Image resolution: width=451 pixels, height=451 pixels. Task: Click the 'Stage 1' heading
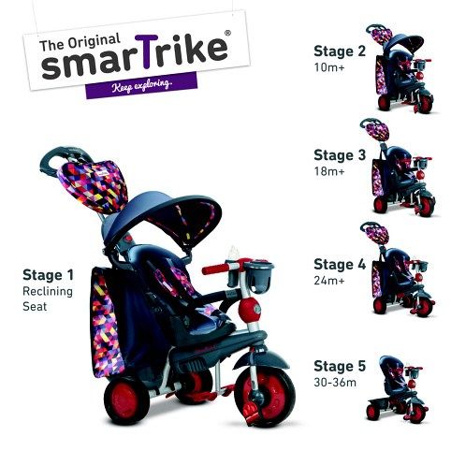pyautogui.click(x=48, y=275)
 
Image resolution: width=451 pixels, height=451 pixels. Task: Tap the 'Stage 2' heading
pyautogui.click(x=340, y=51)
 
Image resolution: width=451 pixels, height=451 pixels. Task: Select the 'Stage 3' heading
pyautogui.click(x=340, y=155)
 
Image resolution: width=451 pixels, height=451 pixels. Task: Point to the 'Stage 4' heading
pyautogui.click(x=340, y=264)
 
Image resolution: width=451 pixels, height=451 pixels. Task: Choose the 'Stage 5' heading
pyautogui.click(x=340, y=366)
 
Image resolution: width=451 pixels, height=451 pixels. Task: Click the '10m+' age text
pyautogui.click(x=329, y=67)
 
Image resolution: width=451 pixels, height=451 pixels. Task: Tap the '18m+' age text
pyautogui.click(x=329, y=171)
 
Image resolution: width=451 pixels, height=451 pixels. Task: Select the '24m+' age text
pyautogui.click(x=329, y=281)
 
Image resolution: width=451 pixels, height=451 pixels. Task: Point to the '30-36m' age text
pyautogui.click(x=335, y=383)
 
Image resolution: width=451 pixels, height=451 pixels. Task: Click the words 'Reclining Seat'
pyautogui.click(x=48, y=298)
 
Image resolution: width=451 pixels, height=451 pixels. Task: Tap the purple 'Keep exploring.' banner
pyautogui.click(x=141, y=85)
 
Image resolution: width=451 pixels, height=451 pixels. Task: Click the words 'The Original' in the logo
pyautogui.click(x=80, y=41)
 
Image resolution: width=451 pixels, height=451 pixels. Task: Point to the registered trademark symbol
pyautogui.click(x=228, y=33)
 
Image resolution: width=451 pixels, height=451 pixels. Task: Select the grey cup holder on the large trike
pyautogui.click(x=258, y=275)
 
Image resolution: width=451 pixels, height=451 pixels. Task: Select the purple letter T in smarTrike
pyautogui.click(x=147, y=51)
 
